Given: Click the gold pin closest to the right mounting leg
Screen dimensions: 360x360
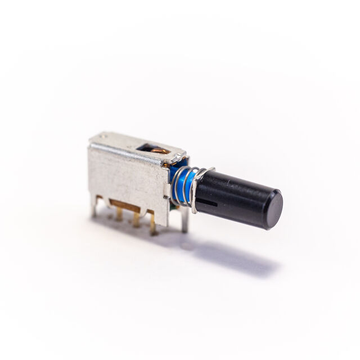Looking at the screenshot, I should tap(152, 223).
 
